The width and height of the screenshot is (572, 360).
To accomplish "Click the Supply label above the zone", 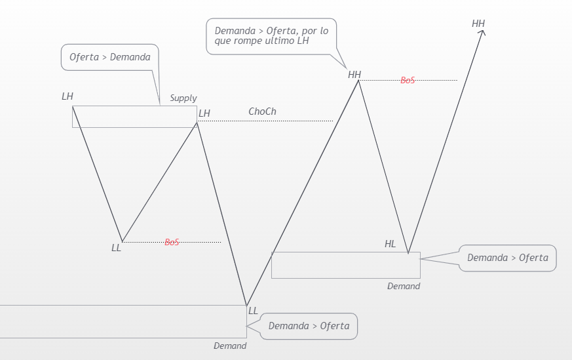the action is pos(183,98).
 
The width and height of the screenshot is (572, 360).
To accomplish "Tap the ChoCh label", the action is pos(262,111).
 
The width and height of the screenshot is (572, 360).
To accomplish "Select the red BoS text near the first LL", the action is pos(172,242).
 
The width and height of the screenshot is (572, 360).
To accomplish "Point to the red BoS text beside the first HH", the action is pos(408,80).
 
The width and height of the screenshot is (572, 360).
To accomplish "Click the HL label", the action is pos(390,244).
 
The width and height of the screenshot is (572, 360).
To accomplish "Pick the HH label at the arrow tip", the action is pos(478,24).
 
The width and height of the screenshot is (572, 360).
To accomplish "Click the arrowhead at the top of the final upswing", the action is pos(482,32).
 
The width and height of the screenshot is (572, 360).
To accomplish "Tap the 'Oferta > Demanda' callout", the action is pos(110,57).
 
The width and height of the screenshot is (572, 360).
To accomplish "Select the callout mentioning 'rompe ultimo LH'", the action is pos(271,35).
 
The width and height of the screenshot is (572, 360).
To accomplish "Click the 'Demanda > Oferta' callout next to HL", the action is pos(507,258).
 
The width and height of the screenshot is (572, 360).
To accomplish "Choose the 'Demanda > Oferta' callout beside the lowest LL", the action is pos(309,326).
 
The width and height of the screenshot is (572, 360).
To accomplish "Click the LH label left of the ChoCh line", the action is pos(204,113).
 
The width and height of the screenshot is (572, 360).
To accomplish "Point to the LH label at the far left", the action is pos(67,96).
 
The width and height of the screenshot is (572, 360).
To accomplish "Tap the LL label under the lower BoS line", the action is pos(116,248).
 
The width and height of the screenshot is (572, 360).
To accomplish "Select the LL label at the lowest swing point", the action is pos(253,311).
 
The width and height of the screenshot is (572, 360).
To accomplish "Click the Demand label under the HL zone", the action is pos(403,286).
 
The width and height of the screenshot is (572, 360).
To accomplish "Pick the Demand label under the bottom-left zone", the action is pos(230,346).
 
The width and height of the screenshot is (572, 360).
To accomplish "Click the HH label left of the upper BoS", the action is pos(354,75).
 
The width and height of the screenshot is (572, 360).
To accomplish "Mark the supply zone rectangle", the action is pos(134,116).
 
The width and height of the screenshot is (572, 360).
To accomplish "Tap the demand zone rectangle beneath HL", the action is pos(345,265).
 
